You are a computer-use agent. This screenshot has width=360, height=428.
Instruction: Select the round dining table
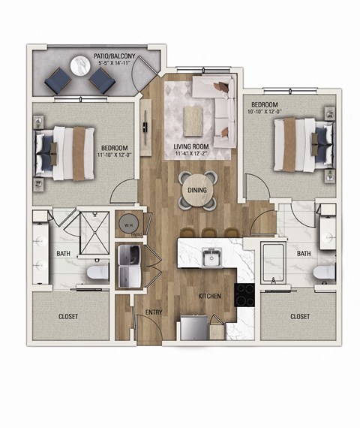196,192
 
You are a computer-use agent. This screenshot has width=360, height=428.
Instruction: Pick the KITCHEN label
210,296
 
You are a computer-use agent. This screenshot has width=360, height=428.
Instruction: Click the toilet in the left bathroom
97,272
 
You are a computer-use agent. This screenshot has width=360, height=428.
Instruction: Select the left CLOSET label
68,317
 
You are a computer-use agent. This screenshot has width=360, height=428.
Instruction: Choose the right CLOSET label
300,317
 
